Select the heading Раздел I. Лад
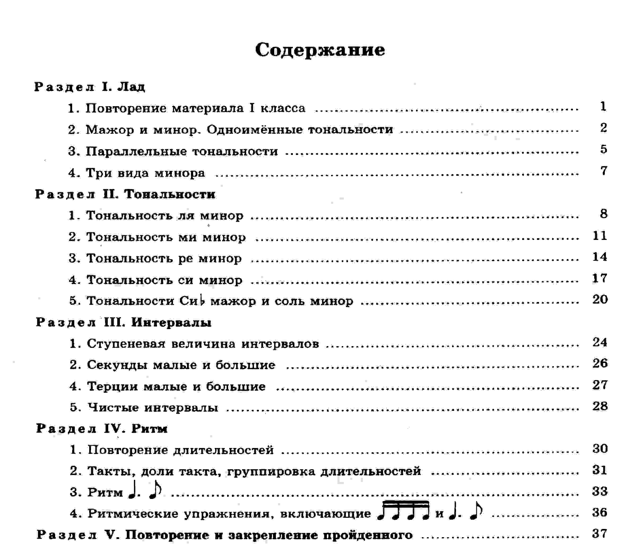89,87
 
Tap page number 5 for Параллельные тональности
603,149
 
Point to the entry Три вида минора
136,173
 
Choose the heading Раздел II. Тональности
125,194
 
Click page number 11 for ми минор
600,236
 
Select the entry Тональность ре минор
155,258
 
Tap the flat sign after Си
202,300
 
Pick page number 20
600,299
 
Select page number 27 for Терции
600,385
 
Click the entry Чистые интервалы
144,407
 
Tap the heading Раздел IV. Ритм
102,429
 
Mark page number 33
600,492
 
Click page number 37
600,534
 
